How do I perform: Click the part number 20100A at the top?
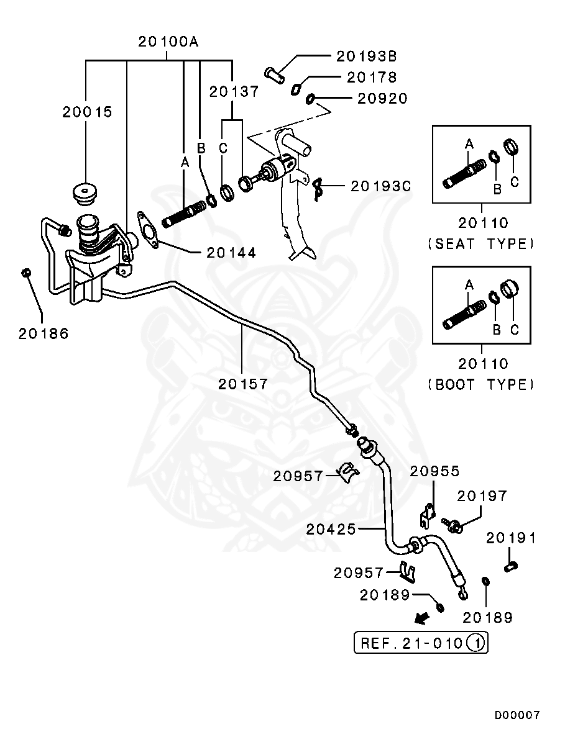coord(168,42)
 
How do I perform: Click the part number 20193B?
coord(366,56)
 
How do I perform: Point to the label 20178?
coord(372,77)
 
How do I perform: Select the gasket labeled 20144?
coord(148,230)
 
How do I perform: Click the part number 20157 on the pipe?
coord(243,384)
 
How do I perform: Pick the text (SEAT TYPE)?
coord(481,243)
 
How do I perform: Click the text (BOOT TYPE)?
coord(481,384)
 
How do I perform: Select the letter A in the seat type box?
coord(469,143)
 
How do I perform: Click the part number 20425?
coord(331,529)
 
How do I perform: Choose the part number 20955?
coord(434,471)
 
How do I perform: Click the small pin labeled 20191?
coord(512,566)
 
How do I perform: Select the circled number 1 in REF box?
coord(475,643)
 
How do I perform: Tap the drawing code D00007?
coord(517,715)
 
